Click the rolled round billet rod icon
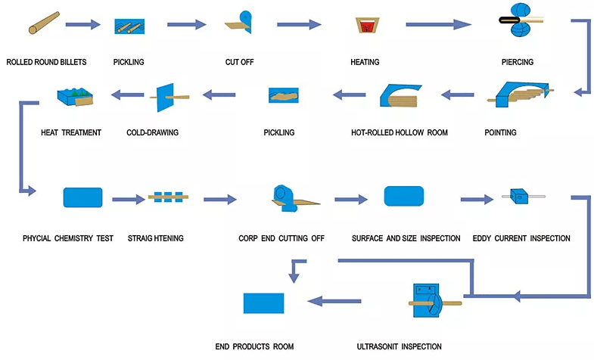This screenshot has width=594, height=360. coord(44,23)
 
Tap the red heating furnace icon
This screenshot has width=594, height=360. coord(368,25)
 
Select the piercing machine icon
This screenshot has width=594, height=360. coord(521,20)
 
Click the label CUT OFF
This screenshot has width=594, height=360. coord(239,62)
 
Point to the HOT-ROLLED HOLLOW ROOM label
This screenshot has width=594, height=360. coord(400,132)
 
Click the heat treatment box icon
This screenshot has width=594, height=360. coord(75,97)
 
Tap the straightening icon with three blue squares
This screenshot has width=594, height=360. coord(168,197)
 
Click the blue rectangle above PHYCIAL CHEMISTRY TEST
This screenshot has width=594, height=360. coord(82,197)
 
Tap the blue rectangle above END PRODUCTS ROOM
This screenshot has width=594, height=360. coord(263,303)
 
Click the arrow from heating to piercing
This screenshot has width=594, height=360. coord(438,25)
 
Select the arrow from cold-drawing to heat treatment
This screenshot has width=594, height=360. coord(128,95)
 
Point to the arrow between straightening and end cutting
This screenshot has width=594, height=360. coord(220,199)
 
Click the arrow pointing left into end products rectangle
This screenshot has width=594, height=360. coord(334,301)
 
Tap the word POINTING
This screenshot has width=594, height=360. coord(500,132)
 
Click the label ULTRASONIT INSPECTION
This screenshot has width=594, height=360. coord(399,346)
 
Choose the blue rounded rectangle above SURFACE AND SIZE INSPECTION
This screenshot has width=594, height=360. coord(404,196)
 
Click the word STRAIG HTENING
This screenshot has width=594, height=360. coord(155,238)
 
